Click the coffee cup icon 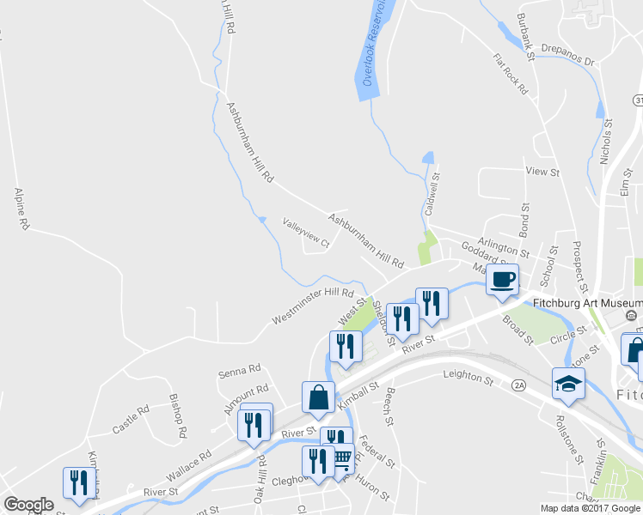503,278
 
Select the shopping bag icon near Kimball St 318,397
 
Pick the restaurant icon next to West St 346,347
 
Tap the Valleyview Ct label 306,232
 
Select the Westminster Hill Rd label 313,306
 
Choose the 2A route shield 518,386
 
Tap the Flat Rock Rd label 510,75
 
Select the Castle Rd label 131,419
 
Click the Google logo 28,504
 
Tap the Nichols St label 608,142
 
